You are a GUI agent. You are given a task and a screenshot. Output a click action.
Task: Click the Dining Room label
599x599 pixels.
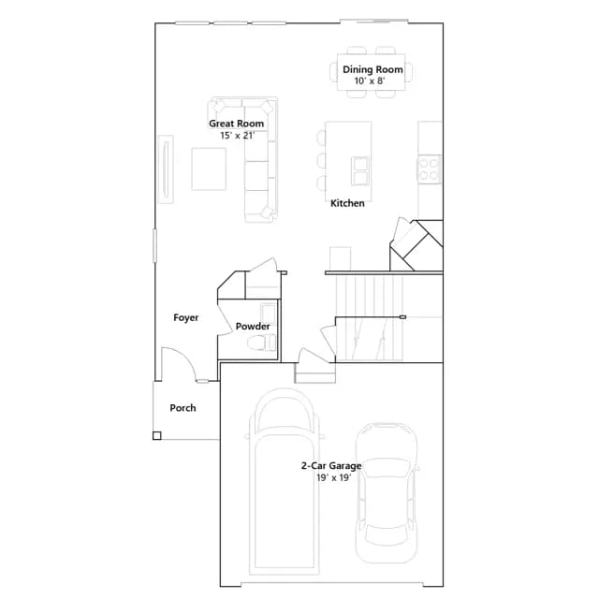pyautogui.click(x=373, y=69)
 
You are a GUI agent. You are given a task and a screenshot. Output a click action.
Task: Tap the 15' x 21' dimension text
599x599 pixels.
pyautogui.click(x=237, y=135)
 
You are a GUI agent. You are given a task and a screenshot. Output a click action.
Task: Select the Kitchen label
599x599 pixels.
pyautogui.click(x=347, y=203)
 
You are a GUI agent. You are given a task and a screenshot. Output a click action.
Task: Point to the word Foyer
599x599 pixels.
pyautogui.click(x=186, y=317)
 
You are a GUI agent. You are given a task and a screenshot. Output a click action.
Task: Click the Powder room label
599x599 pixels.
pyautogui.click(x=253, y=327)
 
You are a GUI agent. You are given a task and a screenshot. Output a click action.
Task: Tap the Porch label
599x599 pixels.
pyautogui.click(x=183, y=408)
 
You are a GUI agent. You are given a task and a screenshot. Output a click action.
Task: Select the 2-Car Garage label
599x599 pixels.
pyautogui.click(x=331, y=466)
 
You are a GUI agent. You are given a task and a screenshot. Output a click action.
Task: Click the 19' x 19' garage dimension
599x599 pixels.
pyautogui.click(x=333, y=477)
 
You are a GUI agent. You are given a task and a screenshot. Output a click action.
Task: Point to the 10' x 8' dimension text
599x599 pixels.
pyautogui.click(x=370, y=81)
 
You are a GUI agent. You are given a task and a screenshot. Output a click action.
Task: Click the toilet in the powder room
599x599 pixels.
pyautogui.click(x=261, y=343)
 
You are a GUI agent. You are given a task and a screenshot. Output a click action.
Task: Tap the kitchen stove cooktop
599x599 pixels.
pyautogui.click(x=429, y=168)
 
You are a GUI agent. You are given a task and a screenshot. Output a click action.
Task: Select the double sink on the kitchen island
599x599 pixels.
pyautogui.click(x=360, y=170)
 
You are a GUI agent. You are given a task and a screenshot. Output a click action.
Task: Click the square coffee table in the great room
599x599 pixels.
pyautogui.click(x=209, y=168)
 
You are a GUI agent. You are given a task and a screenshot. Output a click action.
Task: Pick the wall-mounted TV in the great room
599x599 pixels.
pyautogui.click(x=166, y=168)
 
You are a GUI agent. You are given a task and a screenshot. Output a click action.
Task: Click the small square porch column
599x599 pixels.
pyautogui.click(x=156, y=435)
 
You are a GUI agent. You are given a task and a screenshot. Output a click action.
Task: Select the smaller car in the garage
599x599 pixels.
pyautogui.click(x=387, y=493)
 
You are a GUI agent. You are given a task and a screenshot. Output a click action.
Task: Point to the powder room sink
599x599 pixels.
pyautogui.click(x=268, y=314)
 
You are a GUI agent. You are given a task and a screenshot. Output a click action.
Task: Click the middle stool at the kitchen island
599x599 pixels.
pyautogui.click(x=321, y=160)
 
